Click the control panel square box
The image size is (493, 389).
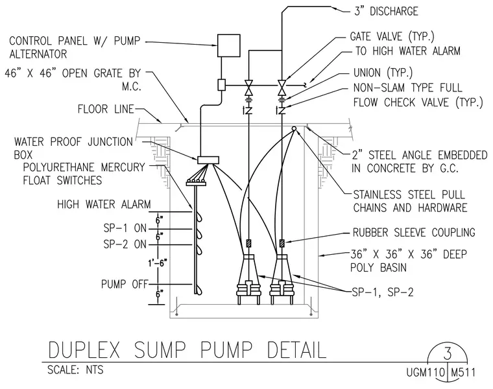[x=228, y=45]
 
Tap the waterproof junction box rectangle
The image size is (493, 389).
[x=208, y=160]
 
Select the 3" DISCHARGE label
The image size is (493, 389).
[x=386, y=11]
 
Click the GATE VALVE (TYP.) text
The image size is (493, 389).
[x=392, y=36]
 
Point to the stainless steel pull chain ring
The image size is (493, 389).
[x=294, y=129]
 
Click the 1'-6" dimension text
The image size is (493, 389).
[x=157, y=263]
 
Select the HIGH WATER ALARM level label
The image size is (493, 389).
[x=104, y=205]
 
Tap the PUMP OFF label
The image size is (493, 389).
[x=124, y=284]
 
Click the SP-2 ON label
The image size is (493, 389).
[x=125, y=244]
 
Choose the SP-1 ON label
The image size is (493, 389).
[x=125, y=228]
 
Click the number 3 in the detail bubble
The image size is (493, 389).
[x=448, y=354]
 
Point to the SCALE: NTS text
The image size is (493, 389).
[x=75, y=370]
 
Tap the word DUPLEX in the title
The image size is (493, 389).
[x=84, y=350]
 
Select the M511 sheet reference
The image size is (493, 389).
[x=463, y=373]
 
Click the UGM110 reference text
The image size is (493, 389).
[x=426, y=373]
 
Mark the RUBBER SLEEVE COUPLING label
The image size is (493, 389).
[x=414, y=233]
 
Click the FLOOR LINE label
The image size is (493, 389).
[x=106, y=110]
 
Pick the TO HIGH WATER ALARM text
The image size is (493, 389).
[x=408, y=51]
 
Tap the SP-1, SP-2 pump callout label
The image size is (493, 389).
[x=383, y=292]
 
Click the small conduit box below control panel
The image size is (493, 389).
[x=222, y=84]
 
